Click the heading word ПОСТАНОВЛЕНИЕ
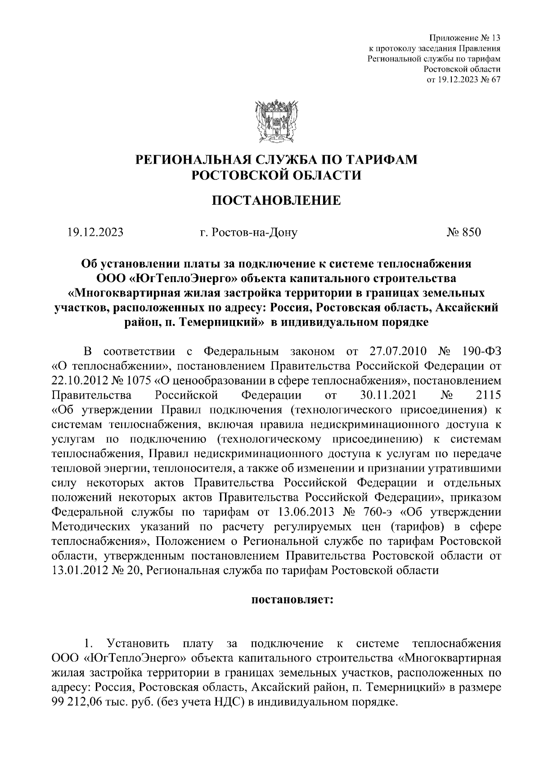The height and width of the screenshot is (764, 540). [276, 200]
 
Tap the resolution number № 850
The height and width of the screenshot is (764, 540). [463, 232]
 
